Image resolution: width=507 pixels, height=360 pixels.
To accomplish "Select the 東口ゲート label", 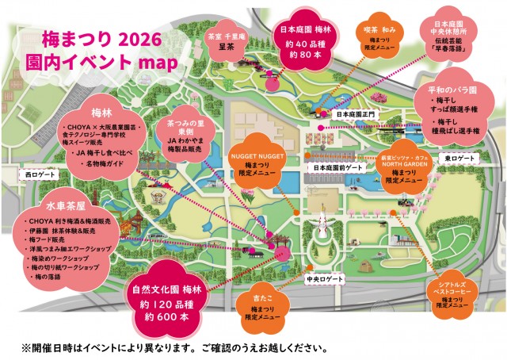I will pos(459,159).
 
